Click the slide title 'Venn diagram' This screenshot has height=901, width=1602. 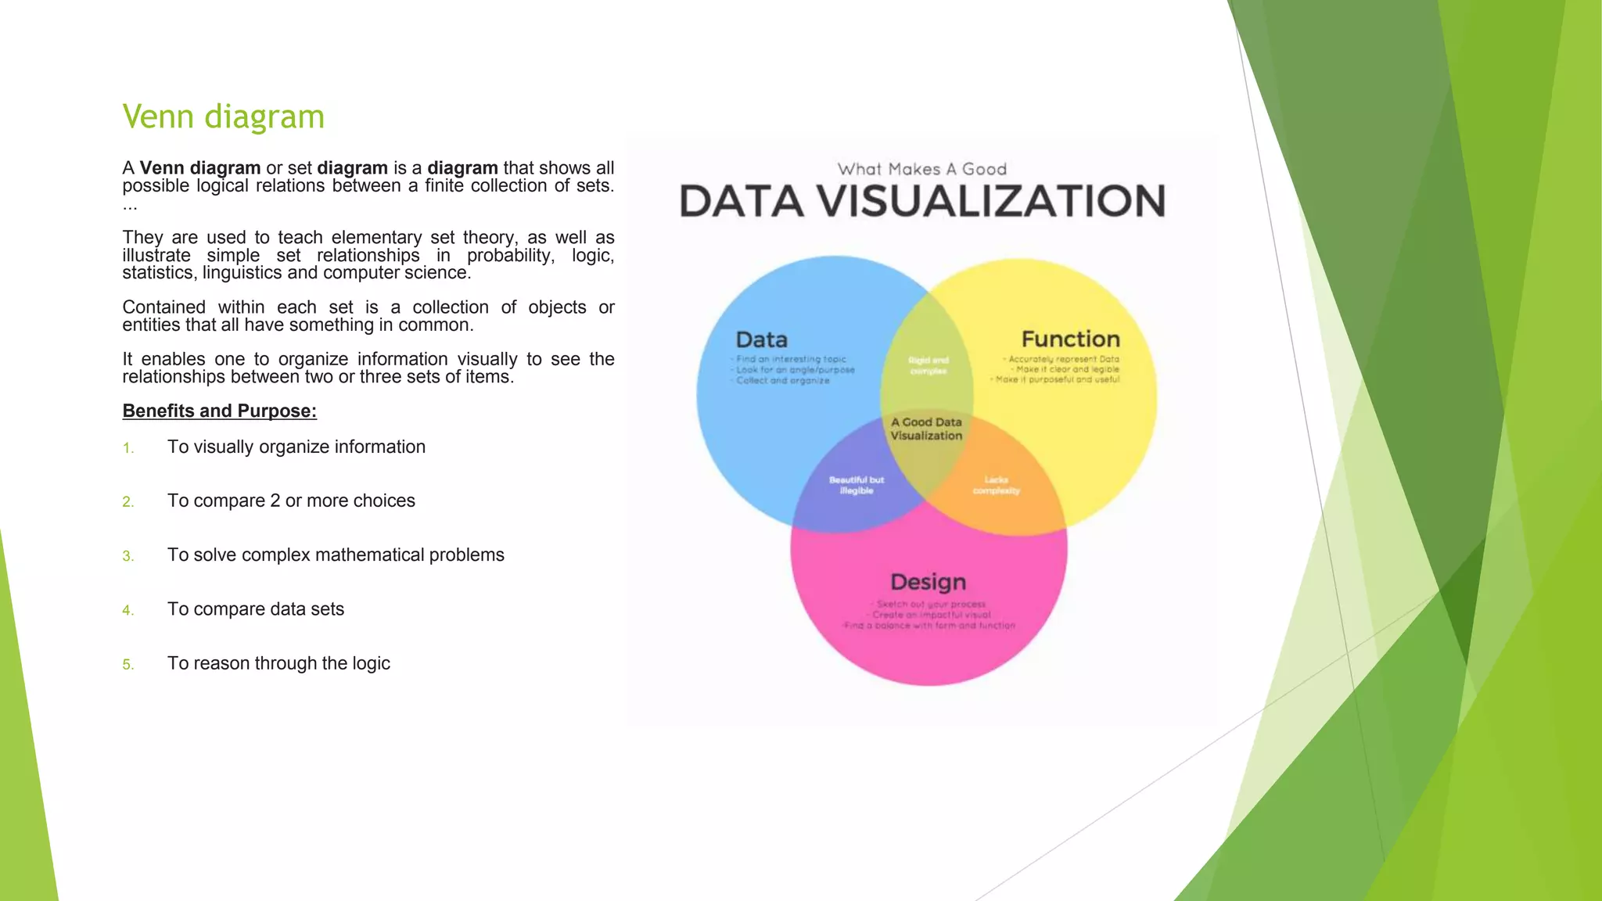coord(223,117)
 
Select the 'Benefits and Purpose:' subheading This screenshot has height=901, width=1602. coord(219,411)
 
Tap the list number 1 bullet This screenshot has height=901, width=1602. coord(128,448)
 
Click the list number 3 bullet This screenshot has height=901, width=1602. coord(128,556)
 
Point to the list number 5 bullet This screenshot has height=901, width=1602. coord(128,665)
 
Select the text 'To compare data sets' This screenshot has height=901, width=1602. coord(255,609)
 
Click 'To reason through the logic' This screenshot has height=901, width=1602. coord(278,663)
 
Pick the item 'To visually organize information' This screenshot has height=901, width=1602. coord(296,447)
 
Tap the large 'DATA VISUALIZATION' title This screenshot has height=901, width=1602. coord(922,201)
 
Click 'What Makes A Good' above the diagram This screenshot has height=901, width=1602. coord(921,169)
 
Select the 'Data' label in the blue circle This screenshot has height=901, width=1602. coord(761,340)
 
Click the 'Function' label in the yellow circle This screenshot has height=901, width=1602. coord(1070,339)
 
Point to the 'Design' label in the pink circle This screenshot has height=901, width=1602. coord(928,582)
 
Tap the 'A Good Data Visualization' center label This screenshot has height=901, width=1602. coord(926,429)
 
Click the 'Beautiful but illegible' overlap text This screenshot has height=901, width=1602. coord(856,485)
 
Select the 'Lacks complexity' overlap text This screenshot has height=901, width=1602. coord(996,485)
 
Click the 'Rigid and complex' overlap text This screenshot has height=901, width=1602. coord(928,365)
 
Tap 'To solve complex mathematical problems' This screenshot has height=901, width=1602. coord(336,555)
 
